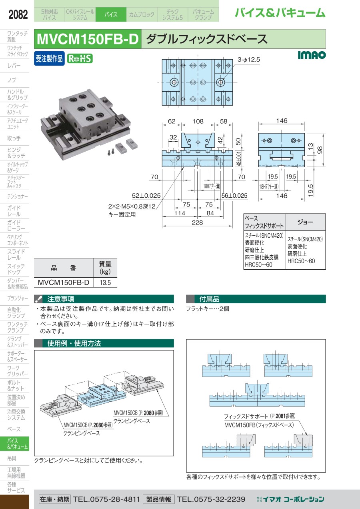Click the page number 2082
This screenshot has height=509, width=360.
pos(18,15)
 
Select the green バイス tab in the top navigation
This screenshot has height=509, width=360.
pos(111,15)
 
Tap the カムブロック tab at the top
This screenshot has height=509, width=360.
pos(141,15)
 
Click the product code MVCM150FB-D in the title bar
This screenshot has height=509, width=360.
pos(88,39)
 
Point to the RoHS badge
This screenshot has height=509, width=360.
pos(80,58)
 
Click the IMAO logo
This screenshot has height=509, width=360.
pos(312,55)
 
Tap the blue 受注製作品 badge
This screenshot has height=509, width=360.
pos(49,58)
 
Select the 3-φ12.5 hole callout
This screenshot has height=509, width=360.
pos(249,60)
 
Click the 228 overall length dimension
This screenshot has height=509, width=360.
pos(197,223)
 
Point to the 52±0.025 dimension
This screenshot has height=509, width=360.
pos(146,196)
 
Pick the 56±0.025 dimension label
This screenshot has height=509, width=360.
pos(234,196)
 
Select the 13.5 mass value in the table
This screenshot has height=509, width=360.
pos(105,283)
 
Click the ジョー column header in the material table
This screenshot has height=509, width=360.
pos(305,221)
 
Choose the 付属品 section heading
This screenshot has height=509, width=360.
pos(210,299)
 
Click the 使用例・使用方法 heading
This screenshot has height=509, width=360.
pos(74,343)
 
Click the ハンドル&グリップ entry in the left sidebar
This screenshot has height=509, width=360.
pos(18,94)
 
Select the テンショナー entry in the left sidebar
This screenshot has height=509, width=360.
pos(18,196)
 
